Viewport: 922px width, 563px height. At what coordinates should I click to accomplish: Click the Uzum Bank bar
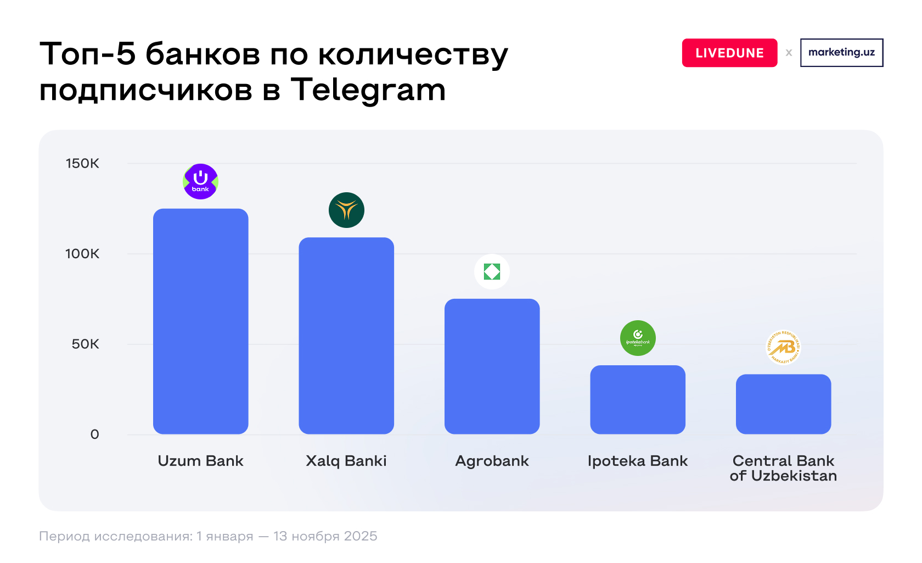(200, 321)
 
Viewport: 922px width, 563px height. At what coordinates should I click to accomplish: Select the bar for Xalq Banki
(346, 336)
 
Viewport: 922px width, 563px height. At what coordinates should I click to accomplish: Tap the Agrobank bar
(492, 366)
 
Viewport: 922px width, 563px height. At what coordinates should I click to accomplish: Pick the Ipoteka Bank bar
(638, 399)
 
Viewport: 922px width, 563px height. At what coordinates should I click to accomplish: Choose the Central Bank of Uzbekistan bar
(783, 404)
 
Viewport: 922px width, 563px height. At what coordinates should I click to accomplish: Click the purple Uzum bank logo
(200, 181)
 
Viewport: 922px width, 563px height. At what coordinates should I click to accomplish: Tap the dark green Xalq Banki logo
(346, 210)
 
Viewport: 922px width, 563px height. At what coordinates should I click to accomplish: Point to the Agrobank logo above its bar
(492, 271)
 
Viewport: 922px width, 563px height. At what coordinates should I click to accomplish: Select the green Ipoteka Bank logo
(638, 338)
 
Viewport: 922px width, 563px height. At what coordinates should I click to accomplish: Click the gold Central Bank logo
(783, 347)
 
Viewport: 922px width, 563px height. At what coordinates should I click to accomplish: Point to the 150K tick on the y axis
(82, 163)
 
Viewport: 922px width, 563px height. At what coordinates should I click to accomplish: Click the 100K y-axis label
(82, 254)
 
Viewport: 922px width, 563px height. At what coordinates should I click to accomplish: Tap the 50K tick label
(85, 344)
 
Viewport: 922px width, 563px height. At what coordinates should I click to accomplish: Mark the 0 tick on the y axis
(94, 434)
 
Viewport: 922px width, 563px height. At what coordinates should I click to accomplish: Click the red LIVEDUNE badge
(729, 53)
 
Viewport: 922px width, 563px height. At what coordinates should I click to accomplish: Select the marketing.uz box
(841, 53)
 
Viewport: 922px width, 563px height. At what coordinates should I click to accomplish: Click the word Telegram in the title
(368, 90)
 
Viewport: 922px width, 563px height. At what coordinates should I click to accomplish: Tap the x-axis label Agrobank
(492, 461)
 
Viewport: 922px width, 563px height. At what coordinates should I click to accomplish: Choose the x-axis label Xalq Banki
(346, 461)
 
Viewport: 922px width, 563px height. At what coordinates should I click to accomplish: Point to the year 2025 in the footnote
(360, 536)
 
